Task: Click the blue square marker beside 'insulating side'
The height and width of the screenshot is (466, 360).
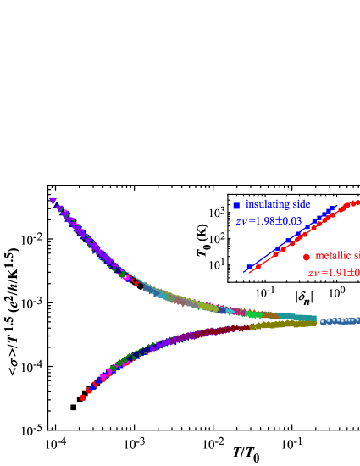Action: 236,206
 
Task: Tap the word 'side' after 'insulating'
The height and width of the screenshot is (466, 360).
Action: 301,204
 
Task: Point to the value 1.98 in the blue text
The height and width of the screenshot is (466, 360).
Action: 259,221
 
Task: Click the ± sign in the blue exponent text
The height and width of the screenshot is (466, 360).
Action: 274,221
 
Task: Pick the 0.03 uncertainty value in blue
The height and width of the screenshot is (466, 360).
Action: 288,221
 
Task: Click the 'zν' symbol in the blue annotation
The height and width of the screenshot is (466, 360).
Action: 241,222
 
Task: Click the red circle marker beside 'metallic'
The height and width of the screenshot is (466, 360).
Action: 307,257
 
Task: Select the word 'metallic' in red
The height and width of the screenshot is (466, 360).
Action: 333,255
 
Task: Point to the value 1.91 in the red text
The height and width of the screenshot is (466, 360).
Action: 331,273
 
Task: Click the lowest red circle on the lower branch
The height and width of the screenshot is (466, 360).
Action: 83,397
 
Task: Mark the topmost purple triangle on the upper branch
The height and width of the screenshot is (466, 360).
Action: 53,201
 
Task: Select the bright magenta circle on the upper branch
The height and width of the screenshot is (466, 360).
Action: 126,277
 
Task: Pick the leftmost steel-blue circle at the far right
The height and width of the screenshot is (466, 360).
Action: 323,322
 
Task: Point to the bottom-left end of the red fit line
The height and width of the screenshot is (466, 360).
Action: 247,272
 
